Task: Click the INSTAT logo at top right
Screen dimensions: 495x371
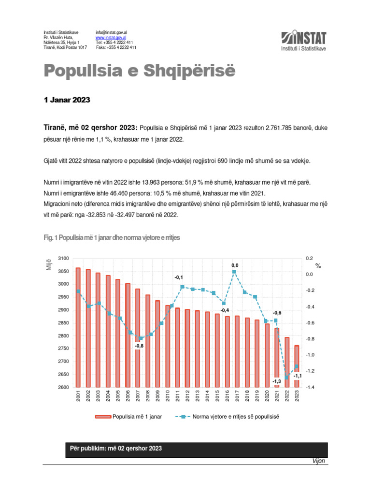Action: tap(303, 41)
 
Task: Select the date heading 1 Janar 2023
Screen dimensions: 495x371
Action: tap(67, 101)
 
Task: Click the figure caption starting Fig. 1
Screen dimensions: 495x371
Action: tap(112, 238)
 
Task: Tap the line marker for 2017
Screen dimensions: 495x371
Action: tap(234, 272)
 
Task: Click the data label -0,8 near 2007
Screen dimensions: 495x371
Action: tap(139, 346)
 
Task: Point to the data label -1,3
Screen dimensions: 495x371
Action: tap(277, 381)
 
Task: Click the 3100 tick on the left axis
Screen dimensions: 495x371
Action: tap(63, 259)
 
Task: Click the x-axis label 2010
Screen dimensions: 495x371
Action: tap(168, 398)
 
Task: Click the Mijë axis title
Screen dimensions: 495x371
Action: tap(48, 264)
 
